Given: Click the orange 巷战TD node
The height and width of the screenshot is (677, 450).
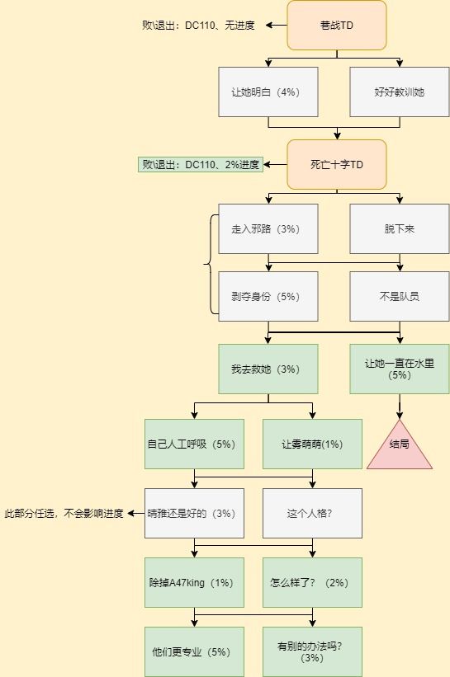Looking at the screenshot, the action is point(337,25).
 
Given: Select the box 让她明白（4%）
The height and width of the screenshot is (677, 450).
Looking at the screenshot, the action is point(268,92).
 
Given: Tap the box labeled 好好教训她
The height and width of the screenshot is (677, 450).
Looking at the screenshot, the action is point(400,92).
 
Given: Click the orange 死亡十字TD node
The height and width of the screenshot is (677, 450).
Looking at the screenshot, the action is point(337,164).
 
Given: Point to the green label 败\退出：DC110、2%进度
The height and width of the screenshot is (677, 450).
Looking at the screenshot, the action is point(201,164).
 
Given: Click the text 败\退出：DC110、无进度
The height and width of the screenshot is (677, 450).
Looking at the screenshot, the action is point(198,25).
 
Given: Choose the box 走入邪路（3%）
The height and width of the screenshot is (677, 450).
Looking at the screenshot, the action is point(268,229).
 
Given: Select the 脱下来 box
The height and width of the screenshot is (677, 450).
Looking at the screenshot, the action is point(400,229).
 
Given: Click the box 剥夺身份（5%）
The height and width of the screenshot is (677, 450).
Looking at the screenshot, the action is point(268,296).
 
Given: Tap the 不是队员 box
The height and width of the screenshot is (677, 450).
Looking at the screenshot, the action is point(400,296).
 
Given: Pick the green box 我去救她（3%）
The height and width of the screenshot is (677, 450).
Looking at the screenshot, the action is point(268,369).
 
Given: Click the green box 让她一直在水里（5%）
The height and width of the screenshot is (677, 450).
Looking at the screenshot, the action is point(400,369).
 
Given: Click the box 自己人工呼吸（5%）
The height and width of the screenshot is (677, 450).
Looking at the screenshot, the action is point(194,444).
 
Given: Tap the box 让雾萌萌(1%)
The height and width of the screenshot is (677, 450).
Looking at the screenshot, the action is point(312,444).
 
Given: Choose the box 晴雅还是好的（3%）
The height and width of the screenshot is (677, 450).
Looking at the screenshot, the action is point(194,514).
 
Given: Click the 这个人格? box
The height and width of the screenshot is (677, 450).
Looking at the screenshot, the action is point(312,514).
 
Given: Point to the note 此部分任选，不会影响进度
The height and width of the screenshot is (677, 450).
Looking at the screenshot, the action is point(64,514).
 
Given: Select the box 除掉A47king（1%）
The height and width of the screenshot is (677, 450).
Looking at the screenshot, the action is point(194,582).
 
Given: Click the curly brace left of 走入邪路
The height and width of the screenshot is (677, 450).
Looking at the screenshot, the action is point(209,263).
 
